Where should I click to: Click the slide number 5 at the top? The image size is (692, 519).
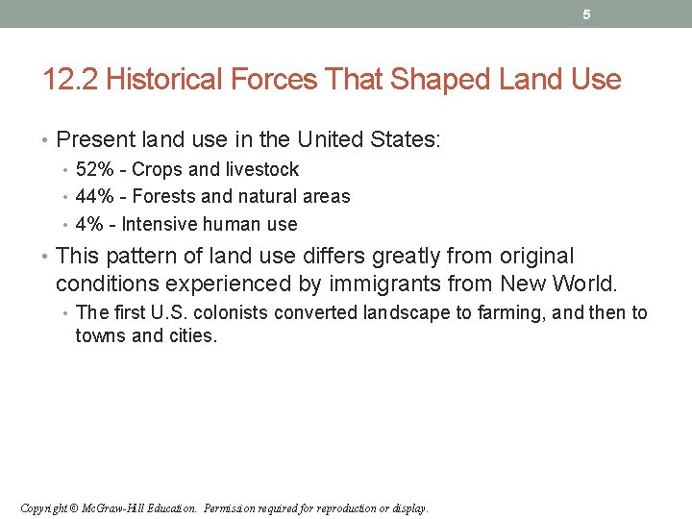click(x=586, y=14)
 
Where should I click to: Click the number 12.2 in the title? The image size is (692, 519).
click(x=71, y=80)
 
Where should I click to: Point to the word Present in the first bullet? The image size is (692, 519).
click(x=93, y=139)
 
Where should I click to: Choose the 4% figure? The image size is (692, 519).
click(x=89, y=225)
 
